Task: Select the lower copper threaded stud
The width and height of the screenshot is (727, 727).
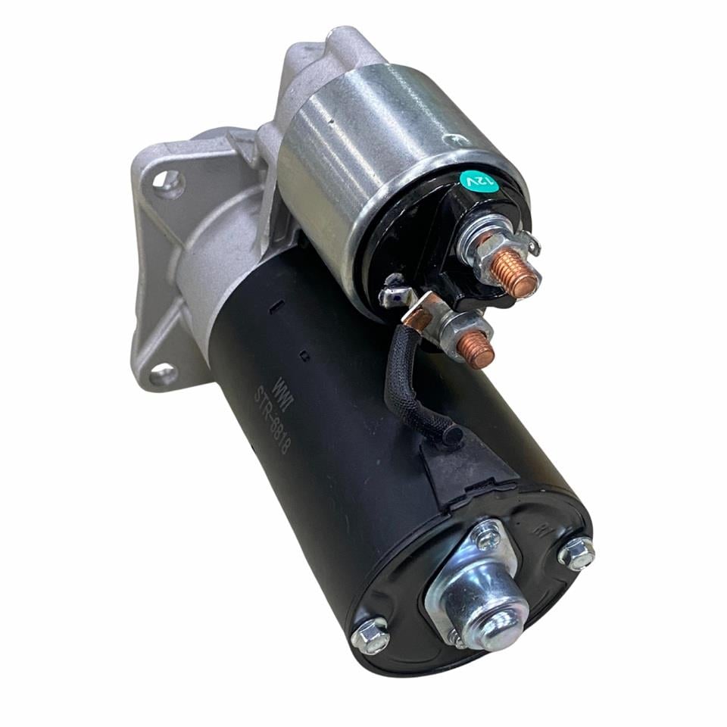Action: pyautogui.click(x=475, y=350)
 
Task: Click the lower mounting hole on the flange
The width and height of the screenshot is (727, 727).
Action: pyautogui.click(x=161, y=373)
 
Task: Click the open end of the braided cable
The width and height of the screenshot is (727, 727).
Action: pyautogui.click(x=452, y=435)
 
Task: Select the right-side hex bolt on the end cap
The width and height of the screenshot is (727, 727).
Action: pyautogui.click(x=576, y=554)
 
